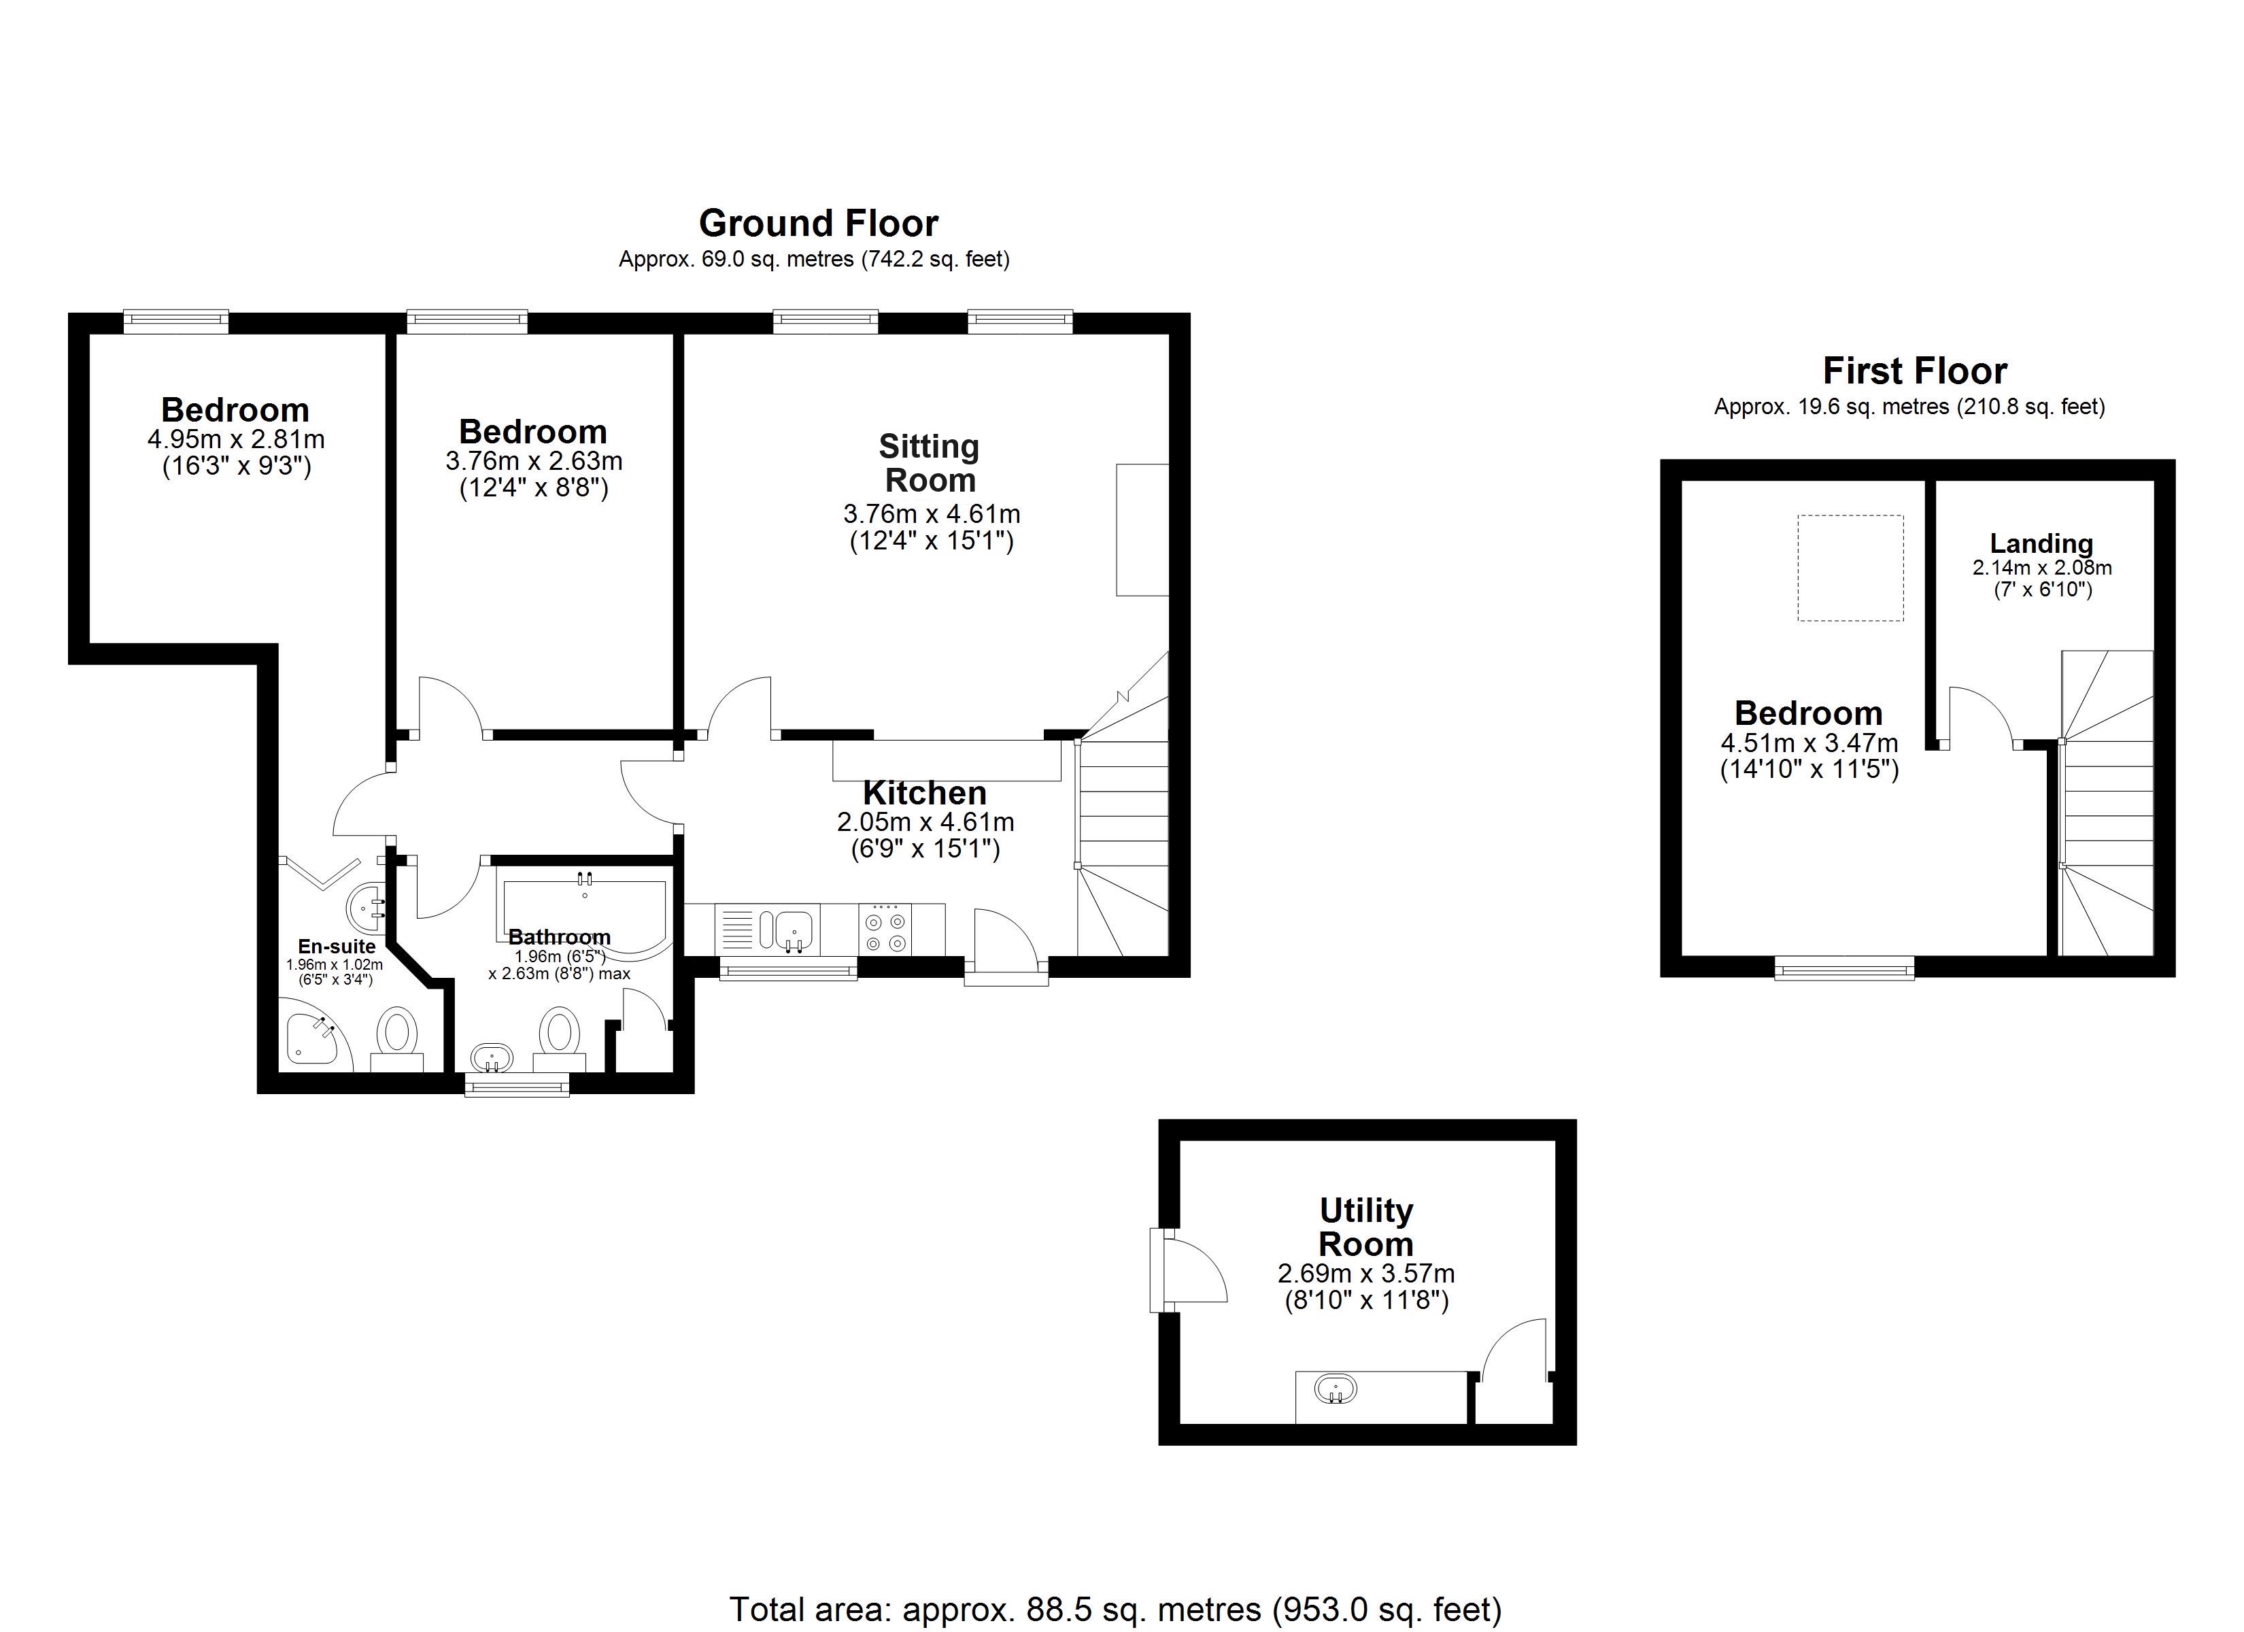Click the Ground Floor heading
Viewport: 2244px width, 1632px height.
point(818,224)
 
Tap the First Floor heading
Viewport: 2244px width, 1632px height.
point(1914,371)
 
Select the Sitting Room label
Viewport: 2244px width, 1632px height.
point(929,463)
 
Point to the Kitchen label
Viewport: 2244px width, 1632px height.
point(924,793)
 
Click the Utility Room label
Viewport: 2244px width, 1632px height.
point(1365,1227)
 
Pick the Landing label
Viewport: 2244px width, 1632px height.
point(2041,543)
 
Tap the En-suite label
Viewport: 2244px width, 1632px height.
point(337,946)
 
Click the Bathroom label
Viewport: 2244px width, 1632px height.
point(559,936)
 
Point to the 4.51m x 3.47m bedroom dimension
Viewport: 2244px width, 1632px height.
point(1809,743)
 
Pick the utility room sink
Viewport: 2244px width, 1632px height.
point(1335,1389)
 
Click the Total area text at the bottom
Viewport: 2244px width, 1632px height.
point(1115,1610)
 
